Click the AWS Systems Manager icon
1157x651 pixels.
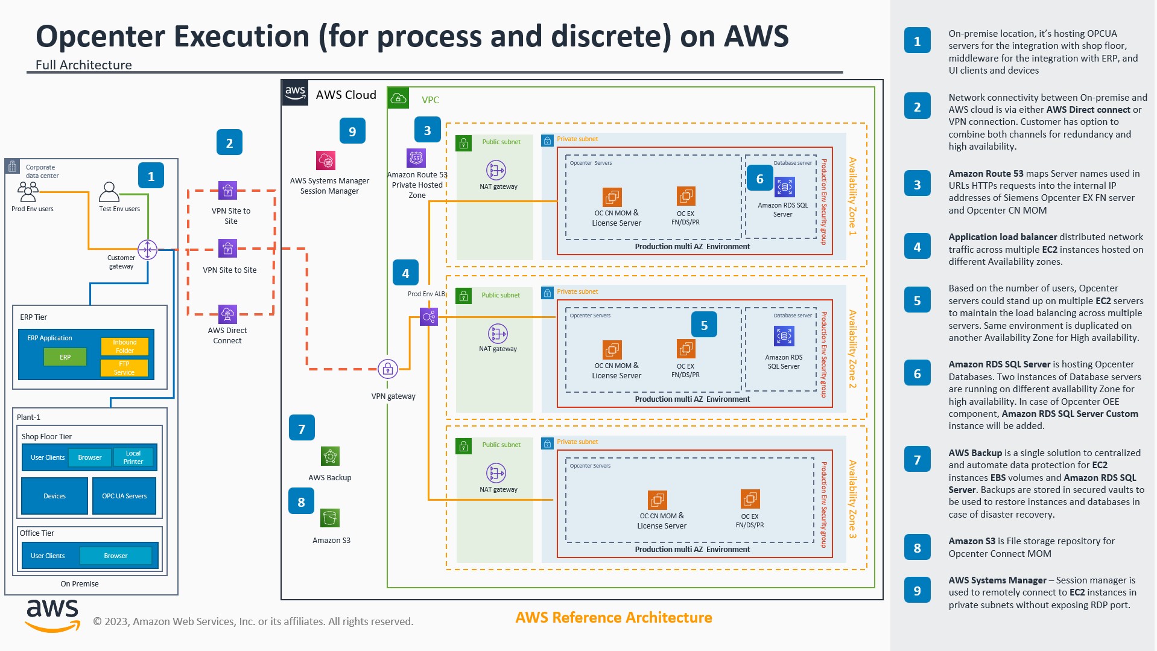(x=326, y=160)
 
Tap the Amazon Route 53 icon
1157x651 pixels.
(x=416, y=158)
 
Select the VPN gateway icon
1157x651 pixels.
(x=387, y=368)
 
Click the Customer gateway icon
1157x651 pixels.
(x=147, y=249)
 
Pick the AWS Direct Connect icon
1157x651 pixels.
(x=227, y=314)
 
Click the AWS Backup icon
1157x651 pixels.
(x=330, y=456)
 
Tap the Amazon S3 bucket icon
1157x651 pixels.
(x=330, y=518)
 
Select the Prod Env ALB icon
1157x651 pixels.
(x=428, y=316)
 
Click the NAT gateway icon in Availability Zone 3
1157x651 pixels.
(x=496, y=473)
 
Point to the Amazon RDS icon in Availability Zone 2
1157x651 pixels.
(x=784, y=336)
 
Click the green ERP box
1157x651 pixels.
(x=65, y=357)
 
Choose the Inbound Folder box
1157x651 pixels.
(x=124, y=346)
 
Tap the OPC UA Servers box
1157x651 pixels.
(x=124, y=496)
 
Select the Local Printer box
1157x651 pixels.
(x=133, y=457)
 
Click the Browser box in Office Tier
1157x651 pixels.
(x=115, y=556)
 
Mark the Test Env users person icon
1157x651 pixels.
(x=109, y=192)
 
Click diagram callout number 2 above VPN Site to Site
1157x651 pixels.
(x=229, y=143)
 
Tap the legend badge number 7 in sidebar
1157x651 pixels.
(x=917, y=460)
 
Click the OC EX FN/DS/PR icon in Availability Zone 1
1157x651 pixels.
(x=686, y=196)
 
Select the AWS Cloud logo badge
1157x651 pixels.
(x=295, y=93)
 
